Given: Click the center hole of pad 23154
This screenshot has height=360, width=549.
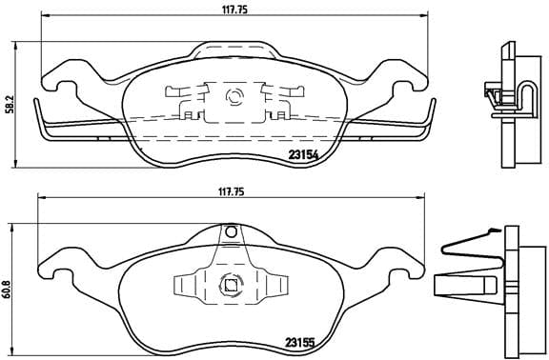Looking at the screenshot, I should point(232,96).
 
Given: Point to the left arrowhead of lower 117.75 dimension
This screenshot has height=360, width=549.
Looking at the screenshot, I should point(40,198).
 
